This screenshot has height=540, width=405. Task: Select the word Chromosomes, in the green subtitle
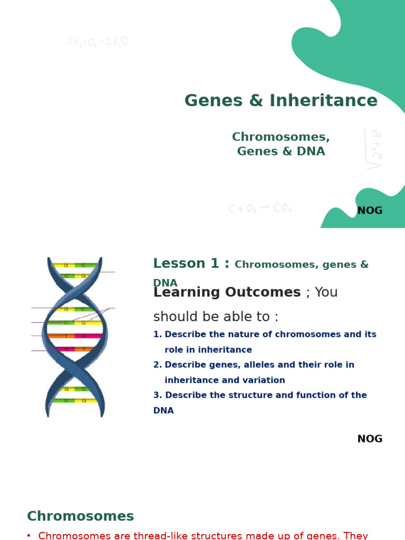point(281,137)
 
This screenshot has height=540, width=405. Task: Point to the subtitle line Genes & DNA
point(281,152)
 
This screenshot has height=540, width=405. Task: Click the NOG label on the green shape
point(370,211)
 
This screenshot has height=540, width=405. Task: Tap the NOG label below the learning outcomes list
point(370,439)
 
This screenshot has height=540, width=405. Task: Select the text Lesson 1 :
point(191,264)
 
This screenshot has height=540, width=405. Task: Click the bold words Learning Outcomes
point(227,293)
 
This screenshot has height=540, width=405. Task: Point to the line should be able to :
point(216,317)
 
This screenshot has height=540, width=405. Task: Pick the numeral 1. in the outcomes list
point(157,335)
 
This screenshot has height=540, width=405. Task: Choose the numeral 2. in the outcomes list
point(157,365)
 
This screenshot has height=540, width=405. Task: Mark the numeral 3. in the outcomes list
point(157,396)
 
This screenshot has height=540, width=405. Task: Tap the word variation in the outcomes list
point(263,381)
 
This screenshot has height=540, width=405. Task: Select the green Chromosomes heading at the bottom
point(80,517)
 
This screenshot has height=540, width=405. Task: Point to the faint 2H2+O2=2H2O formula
point(98,42)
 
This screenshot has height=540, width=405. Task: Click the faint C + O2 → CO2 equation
point(260,208)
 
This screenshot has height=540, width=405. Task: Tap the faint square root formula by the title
point(374,149)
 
